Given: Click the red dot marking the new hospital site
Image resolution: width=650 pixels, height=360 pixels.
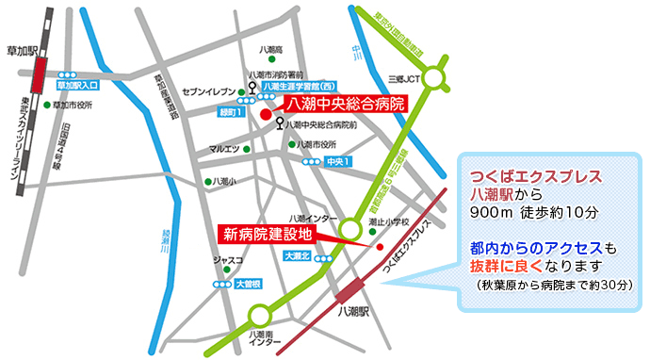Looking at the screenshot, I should tap(379, 248).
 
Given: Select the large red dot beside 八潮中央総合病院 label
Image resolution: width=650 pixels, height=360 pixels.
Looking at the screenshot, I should tap(266, 115).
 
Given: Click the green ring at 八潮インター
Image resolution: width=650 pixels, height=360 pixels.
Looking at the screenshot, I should tap(349, 227).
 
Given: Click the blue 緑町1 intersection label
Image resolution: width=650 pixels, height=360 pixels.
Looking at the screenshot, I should tap(231, 112).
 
